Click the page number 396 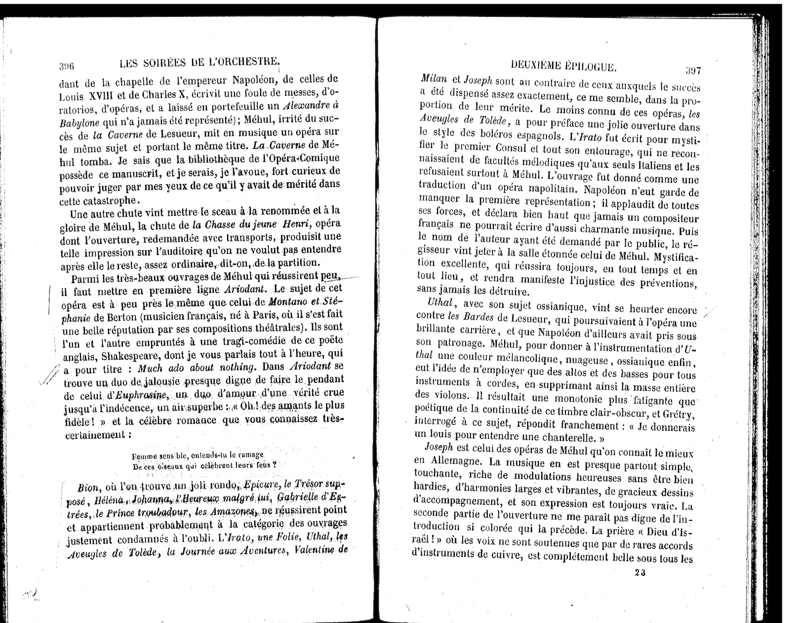pos(66,66)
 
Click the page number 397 pos(692,70)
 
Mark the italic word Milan pos(434,79)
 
